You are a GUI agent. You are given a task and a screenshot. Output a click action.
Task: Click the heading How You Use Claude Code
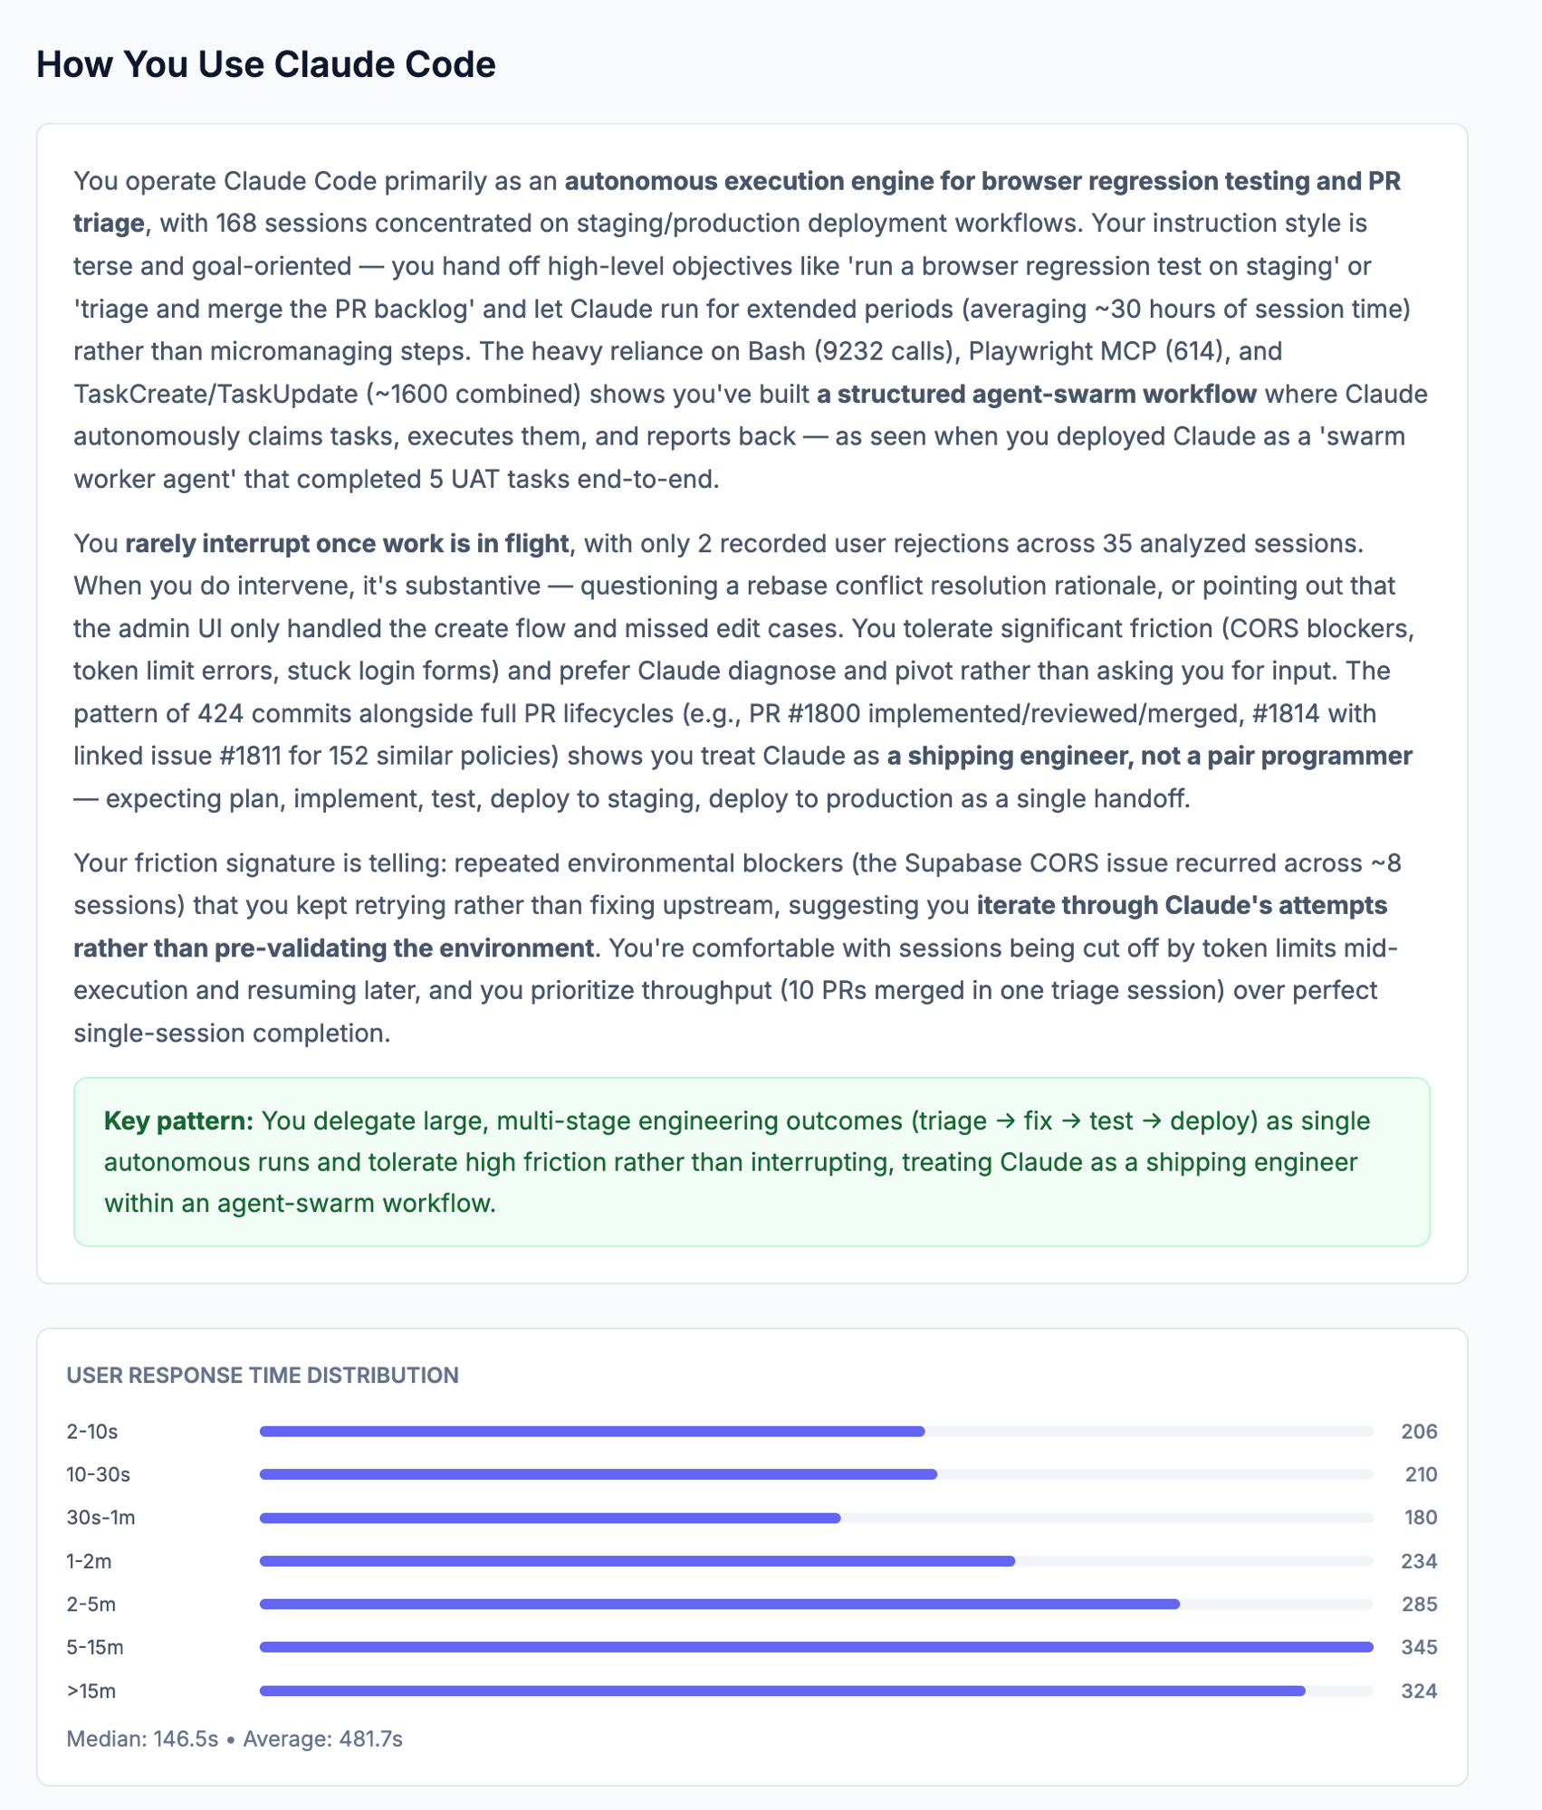click(x=265, y=65)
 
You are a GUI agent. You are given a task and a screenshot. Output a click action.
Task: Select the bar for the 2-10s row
click(x=591, y=1432)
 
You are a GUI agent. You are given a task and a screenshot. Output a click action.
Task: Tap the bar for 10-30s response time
click(x=598, y=1474)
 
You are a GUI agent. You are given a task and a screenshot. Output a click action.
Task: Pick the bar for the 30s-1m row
click(x=550, y=1518)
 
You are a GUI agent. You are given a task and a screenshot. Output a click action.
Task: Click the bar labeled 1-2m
click(x=637, y=1561)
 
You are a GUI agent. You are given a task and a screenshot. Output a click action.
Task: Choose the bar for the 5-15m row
click(x=816, y=1647)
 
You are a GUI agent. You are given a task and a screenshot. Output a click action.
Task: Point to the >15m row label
click(x=91, y=1691)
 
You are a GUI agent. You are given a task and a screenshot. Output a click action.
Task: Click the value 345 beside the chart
click(x=1419, y=1647)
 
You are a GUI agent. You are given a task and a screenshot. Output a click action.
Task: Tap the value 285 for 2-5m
click(x=1419, y=1605)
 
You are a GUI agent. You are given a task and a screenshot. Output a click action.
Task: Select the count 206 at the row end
click(x=1419, y=1432)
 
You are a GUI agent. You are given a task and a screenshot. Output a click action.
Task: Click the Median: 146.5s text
click(x=142, y=1739)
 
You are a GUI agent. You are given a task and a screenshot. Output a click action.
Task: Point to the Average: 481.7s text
click(x=322, y=1739)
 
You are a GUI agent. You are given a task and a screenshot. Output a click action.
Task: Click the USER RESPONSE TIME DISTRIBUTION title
click(x=263, y=1375)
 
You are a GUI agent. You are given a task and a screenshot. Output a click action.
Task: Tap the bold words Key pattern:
click(x=178, y=1121)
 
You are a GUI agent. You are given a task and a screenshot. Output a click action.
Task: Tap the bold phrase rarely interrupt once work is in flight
click(x=347, y=544)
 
